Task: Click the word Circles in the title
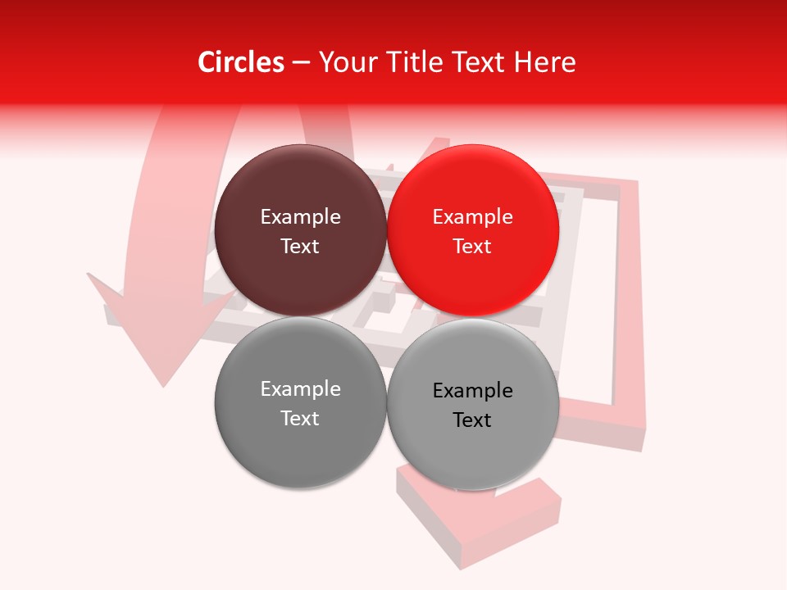241,62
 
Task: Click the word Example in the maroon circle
300,217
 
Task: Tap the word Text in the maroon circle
300,247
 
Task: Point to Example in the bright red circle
473,217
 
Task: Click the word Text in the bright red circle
473,247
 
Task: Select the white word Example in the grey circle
300,389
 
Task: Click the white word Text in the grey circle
300,419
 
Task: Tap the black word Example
473,391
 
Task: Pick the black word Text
473,420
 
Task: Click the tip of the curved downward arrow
164,383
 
